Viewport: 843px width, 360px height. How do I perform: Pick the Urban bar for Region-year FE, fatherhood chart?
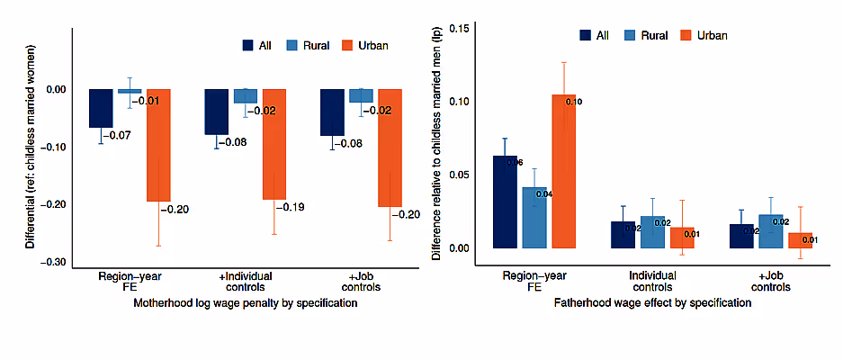pyautogui.click(x=563, y=171)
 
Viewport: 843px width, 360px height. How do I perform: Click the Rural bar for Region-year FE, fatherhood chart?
pyautogui.click(x=534, y=217)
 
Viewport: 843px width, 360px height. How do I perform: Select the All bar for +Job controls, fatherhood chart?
pyautogui.click(x=741, y=236)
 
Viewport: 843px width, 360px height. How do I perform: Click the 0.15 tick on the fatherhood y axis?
pyautogui.click(x=458, y=28)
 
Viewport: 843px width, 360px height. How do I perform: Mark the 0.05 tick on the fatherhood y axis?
pyautogui.click(x=458, y=175)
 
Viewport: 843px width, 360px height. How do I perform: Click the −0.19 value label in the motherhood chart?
pyautogui.click(x=293, y=208)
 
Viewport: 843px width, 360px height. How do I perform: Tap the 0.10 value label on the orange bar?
pyautogui.click(x=574, y=102)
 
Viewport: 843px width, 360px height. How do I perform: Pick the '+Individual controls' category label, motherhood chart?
pyautogui.click(x=246, y=280)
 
